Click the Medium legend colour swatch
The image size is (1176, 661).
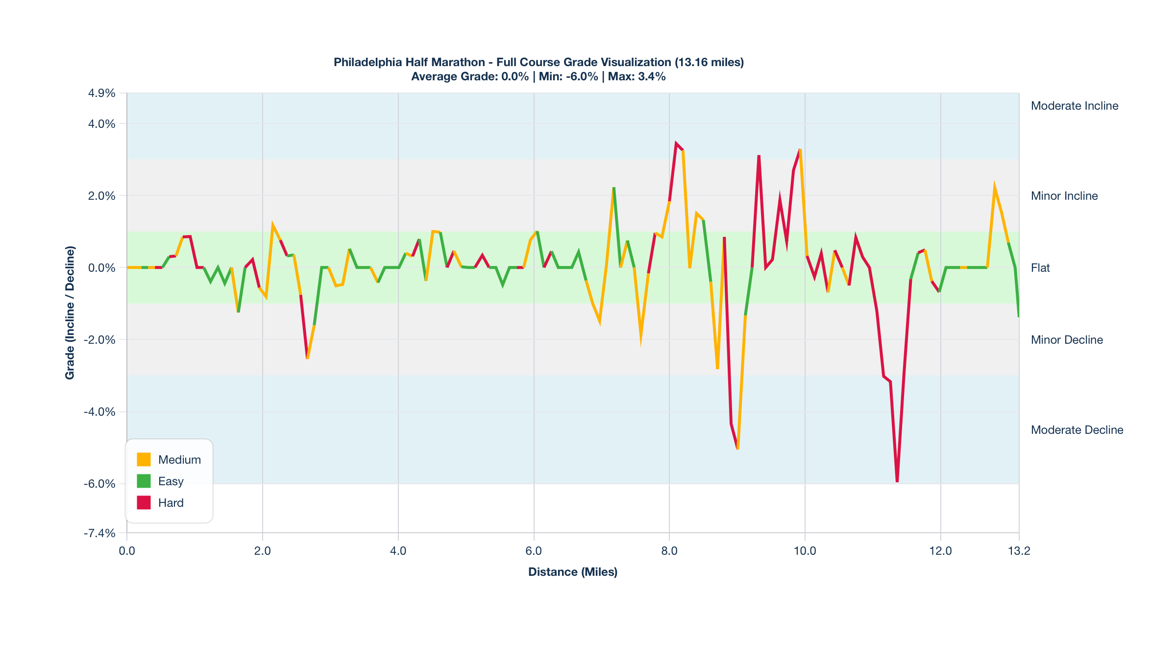pyautogui.click(x=144, y=459)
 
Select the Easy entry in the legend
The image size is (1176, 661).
pyautogui.click(x=171, y=481)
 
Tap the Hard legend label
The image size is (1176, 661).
pyautogui.click(x=171, y=503)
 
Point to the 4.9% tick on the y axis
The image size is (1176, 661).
pyautogui.click(x=101, y=93)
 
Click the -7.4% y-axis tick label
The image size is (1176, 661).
pyautogui.click(x=99, y=533)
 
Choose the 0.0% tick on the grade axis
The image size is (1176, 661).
pyautogui.click(x=101, y=268)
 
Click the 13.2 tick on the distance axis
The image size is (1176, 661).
pyautogui.click(x=1019, y=551)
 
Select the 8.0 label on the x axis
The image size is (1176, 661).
pyautogui.click(x=669, y=551)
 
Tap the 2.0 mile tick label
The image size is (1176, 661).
pyautogui.click(x=262, y=551)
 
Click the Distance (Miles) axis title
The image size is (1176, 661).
pyautogui.click(x=572, y=572)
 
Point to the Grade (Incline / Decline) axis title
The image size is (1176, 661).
pyautogui.click(x=70, y=312)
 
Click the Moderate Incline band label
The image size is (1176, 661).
pyautogui.click(x=1074, y=106)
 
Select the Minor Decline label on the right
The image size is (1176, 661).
pyautogui.click(x=1066, y=340)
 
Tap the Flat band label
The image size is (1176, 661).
pyautogui.click(x=1040, y=268)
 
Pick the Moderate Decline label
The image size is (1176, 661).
pyautogui.click(x=1077, y=430)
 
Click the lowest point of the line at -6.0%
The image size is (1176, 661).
pyautogui.click(x=897, y=481)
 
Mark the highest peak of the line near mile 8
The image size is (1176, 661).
pyautogui.click(x=676, y=144)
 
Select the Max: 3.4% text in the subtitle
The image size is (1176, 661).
pyautogui.click(x=637, y=76)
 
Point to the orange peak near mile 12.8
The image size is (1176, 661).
pyautogui.click(x=994, y=187)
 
